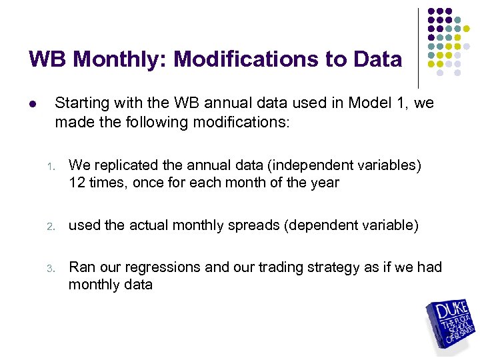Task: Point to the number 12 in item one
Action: pos(76,182)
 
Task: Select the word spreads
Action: pos(256,225)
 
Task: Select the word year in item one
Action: pos(324,182)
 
